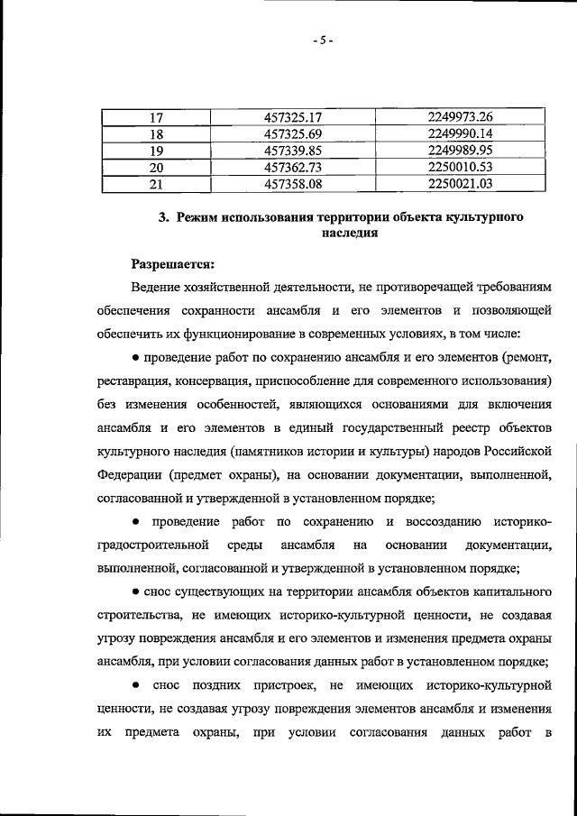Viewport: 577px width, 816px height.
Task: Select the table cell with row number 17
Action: coord(155,116)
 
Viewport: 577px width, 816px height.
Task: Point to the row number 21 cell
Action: coord(155,185)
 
